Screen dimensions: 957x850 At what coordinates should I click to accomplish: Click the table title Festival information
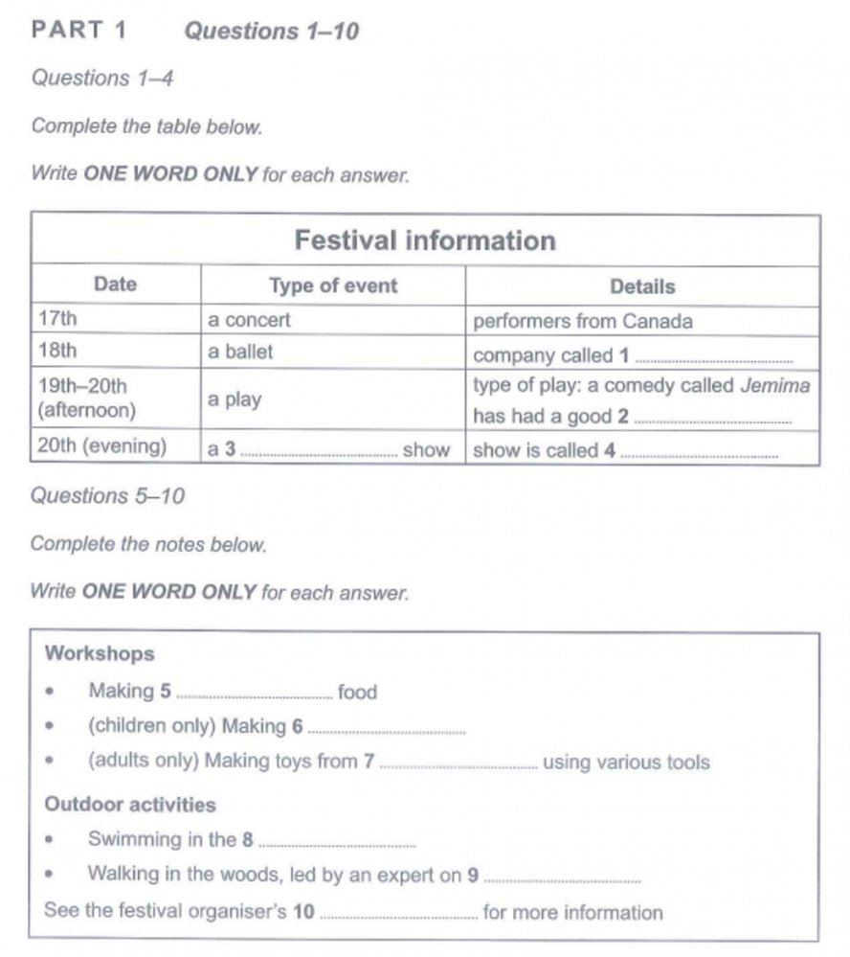(425, 240)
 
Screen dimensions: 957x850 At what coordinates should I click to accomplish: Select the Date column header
(115, 285)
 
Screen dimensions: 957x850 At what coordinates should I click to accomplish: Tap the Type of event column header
(333, 285)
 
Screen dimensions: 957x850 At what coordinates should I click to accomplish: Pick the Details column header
(642, 286)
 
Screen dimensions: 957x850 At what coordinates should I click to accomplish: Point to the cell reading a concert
(249, 321)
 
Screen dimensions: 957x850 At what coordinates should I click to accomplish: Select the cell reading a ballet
(240, 352)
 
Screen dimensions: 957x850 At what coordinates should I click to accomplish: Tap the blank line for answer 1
(714, 359)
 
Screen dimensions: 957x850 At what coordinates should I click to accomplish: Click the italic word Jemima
(776, 386)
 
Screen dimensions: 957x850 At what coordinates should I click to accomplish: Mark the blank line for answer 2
(714, 422)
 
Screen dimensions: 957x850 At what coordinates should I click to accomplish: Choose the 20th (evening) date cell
(101, 447)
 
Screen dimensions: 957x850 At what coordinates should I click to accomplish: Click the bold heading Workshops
(100, 654)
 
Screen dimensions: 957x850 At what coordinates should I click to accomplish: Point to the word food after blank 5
(358, 692)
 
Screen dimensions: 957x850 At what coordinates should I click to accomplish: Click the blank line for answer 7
(459, 766)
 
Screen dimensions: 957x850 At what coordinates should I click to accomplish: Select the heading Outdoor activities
(130, 805)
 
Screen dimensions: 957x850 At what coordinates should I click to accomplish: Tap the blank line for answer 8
(338, 844)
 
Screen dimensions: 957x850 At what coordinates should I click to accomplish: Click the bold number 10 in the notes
(303, 912)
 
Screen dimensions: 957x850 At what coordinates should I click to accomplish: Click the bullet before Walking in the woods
(50, 875)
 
